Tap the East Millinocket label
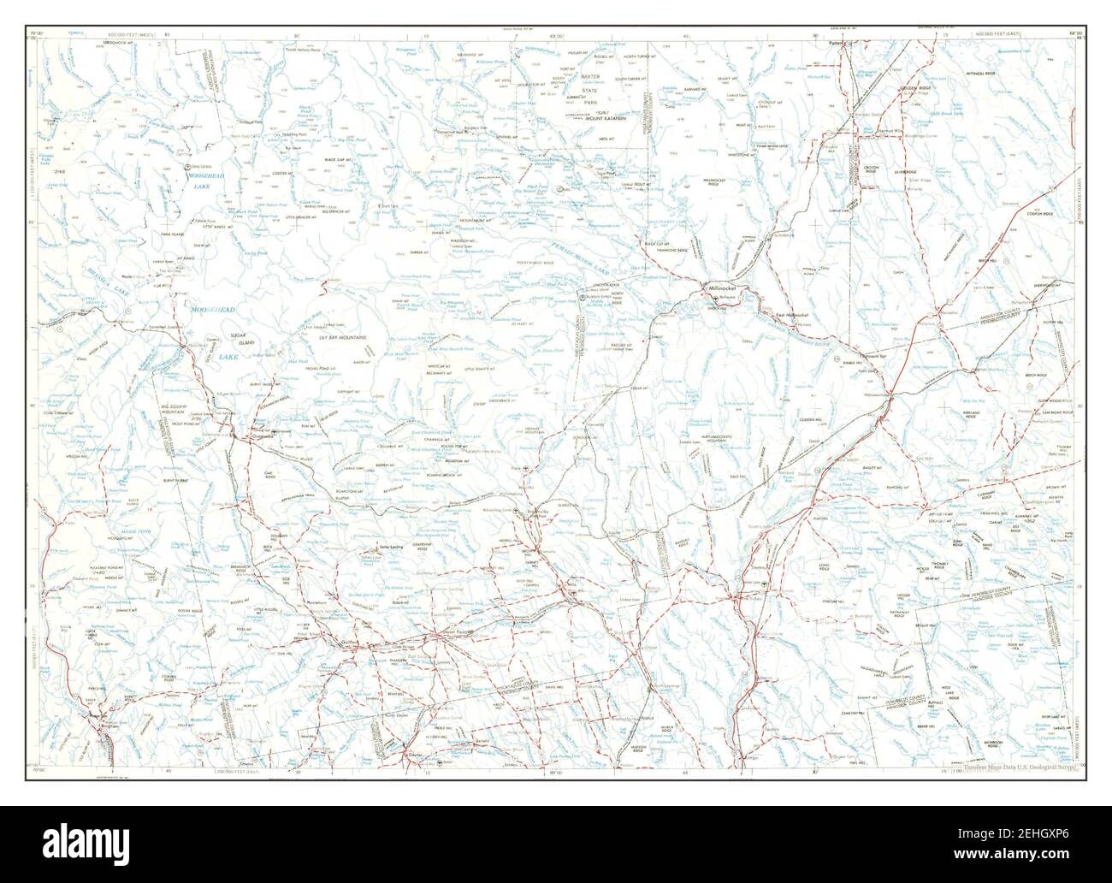[x=792, y=316]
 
